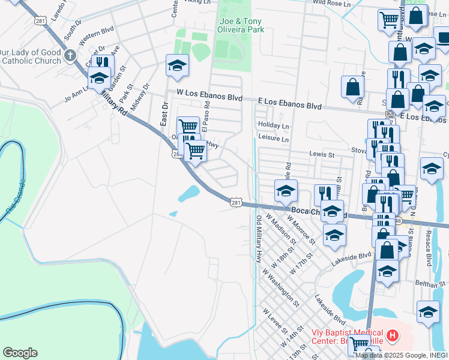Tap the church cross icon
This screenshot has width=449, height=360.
pos(70,56)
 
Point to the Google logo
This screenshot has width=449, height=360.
pos(20,353)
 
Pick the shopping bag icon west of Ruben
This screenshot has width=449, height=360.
pos(352,86)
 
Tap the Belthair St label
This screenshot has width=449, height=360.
pos(429,283)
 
